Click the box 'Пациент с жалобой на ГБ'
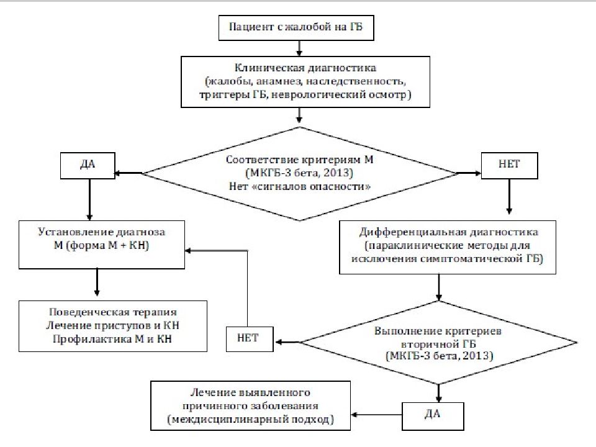click(x=296, y=28)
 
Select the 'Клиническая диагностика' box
click(x=305, y=82)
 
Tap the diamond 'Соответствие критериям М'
click(x=300, y=173)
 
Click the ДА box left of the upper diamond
click(x=88, y=166)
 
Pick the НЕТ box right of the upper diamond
click(x=509, y=166)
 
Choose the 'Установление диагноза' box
click(x=102, y=245)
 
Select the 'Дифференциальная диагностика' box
click(x=448, y=248)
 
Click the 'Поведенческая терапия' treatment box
click(x=113, y=326)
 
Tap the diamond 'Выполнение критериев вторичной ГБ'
click(x=439, y=343)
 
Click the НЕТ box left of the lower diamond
click(x=250, y=339)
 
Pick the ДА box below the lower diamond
click(x=433, y=416)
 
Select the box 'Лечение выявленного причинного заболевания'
click(x=250, y=405)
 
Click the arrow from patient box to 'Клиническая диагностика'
click(x=299, y=48)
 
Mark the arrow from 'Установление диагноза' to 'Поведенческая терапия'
click(x=97, y=282)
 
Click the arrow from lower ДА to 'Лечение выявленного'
click(x=376, y=415)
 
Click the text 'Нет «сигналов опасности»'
click(x=300, y=187)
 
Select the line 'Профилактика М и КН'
click(x=112, y=339)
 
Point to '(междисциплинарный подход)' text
click(x=250, y=419)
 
